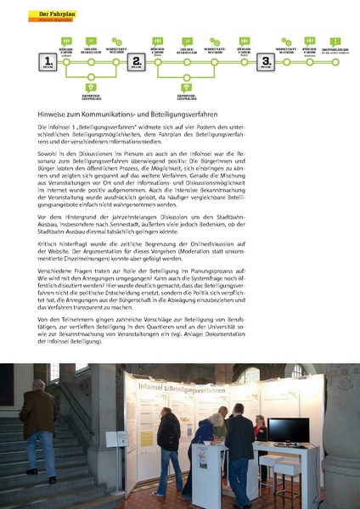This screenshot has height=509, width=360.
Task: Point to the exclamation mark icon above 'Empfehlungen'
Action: point(335,41)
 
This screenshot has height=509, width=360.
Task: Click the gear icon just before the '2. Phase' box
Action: point(117,40)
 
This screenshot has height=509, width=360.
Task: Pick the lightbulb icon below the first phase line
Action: point(91,87)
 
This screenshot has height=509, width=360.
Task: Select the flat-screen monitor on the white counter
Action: point(286,431)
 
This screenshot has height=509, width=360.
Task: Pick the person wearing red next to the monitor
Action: point(260,429)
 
